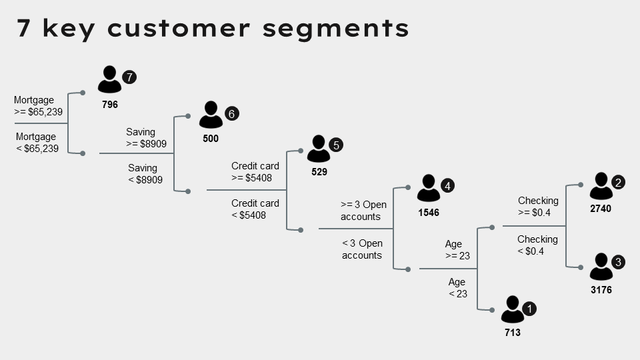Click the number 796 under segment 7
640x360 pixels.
[x=110, y=105]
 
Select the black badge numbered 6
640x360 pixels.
[x=231, y=113]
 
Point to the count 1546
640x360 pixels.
[x=429, y=213]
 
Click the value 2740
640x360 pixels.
[x=601, y=209]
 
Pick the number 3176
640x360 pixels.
[x=601, y=290]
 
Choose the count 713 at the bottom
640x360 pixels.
[x=512, y=333]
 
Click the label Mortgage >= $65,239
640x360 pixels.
[x=38, y=106]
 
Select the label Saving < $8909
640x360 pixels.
[x=144, y=174]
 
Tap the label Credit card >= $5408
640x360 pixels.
[x=255, y=172]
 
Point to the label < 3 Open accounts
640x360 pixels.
[x=362, y=249]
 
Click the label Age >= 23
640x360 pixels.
[x=457, y=250]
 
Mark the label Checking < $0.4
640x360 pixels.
[x=537, y=245]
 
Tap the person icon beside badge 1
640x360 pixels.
[x=512, y=309]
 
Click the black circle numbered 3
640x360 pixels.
[x=618, y=262]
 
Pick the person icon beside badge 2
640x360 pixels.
[x=601, y=186]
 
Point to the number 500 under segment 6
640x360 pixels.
[x=211, y=139]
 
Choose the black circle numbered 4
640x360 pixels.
[x=448, y=186]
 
